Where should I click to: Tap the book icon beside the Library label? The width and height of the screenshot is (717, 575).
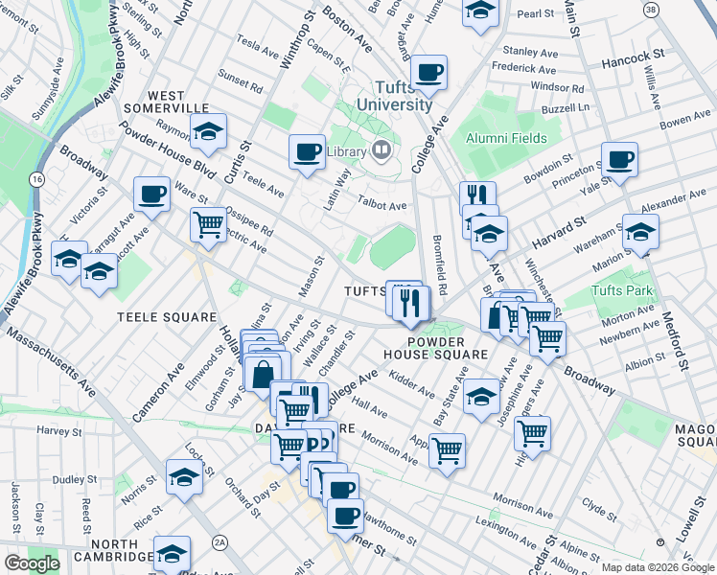[381, 150]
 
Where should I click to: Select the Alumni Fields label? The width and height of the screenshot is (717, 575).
[506, 138]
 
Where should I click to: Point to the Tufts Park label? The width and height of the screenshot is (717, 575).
[621, 291]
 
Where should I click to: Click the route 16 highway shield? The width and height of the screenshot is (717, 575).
[36, 179]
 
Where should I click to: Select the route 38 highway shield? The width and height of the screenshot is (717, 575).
[651, 9]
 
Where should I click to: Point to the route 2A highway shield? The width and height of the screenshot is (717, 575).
[220, 543]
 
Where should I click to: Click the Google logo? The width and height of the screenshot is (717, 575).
[32, 563]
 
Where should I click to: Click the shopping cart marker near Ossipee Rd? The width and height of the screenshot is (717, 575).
[208, 226]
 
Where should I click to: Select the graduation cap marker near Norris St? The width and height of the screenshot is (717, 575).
[184, 476]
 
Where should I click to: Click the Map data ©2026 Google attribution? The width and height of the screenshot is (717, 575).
[657, 567]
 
